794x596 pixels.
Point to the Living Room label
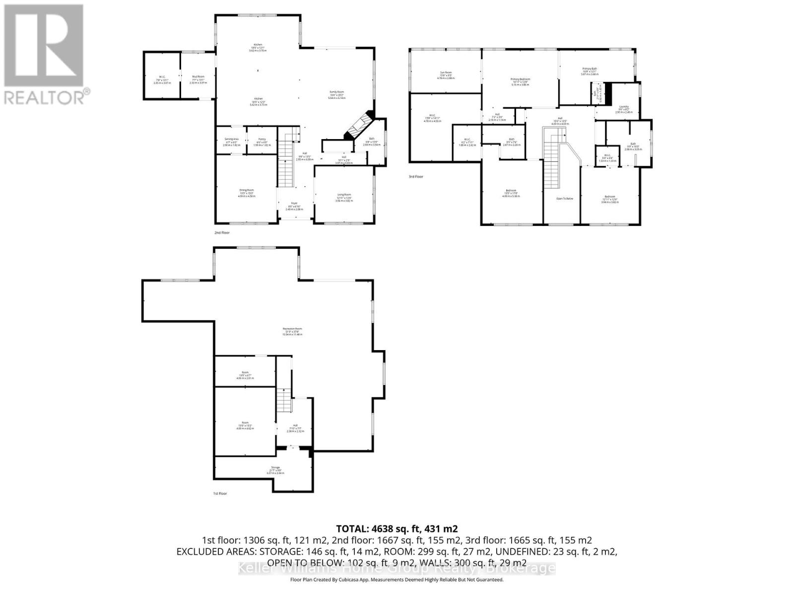tap(344, 197)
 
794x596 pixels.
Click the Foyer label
tap(294, 205)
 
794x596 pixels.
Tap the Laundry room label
tap(624, 109)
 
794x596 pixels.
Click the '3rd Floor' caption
tap(416, 176)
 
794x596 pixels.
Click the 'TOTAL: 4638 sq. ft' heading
tap(397, 528)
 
